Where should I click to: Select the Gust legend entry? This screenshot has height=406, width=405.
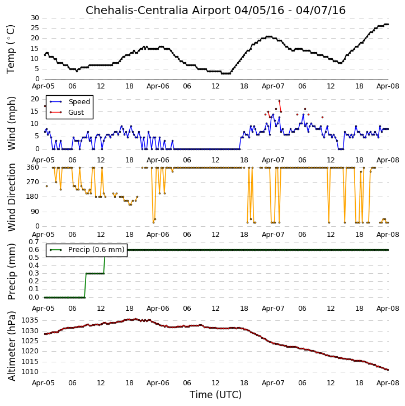67,113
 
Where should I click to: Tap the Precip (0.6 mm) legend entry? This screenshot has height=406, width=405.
87,250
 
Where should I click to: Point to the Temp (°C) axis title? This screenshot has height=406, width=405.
11,49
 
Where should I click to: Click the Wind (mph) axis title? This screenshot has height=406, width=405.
11,123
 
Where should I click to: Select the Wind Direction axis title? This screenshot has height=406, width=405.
11,197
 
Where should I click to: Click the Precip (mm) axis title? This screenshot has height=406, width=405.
11,272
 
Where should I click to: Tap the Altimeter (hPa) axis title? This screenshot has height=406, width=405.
11,346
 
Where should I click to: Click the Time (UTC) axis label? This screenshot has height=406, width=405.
215,395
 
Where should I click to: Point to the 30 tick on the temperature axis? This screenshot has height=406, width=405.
35,18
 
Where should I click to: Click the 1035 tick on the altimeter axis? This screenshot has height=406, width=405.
30,320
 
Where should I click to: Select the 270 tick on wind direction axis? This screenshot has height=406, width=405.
33,182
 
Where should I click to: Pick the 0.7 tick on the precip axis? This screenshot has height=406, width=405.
34,242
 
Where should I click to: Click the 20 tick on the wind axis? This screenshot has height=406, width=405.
35,99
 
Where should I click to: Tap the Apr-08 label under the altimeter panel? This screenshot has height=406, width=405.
388,383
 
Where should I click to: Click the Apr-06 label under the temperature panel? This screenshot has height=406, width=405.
158,86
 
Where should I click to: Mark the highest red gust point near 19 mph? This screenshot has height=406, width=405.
279,101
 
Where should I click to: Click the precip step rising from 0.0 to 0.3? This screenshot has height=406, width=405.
85,286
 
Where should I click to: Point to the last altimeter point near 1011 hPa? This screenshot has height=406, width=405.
388,370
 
